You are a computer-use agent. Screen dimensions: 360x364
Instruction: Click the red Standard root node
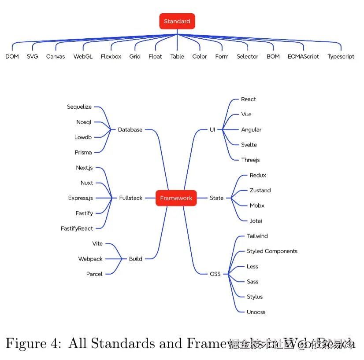coord(177,21)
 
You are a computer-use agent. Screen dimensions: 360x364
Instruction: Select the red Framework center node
coord(176,198)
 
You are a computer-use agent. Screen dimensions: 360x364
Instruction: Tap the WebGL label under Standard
coord(83,56)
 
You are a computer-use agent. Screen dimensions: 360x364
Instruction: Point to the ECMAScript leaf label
coord(303,56)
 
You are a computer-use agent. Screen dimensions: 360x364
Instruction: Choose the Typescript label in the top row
coord(341,56)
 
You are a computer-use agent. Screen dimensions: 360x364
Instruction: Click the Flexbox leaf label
coord(111,56)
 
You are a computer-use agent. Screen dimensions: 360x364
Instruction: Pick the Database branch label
coord(130,129)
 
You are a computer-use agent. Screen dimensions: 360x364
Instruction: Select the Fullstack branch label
coord(131,198)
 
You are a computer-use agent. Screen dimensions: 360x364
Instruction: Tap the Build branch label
coord(136,259)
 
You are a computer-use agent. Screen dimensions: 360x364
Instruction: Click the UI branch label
coord(212,129)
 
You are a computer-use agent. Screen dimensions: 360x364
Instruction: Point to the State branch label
coord(217,198)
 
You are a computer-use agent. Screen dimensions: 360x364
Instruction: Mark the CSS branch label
coord(215,274)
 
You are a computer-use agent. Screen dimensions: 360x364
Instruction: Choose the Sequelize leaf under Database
coord(79,107)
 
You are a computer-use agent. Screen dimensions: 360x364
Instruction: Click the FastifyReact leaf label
coord(77,228)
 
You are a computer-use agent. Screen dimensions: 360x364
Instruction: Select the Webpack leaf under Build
coord(90,259)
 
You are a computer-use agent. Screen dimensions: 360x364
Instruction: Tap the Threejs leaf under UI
coord(250,160)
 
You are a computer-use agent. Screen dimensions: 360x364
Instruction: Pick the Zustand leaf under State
coord(260,190)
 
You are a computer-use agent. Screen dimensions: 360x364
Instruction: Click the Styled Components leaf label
coord(272,251)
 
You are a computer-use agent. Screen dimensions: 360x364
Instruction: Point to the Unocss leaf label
coord(256,312)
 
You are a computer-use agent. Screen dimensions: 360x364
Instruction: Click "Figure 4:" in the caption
coord(33,343)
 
